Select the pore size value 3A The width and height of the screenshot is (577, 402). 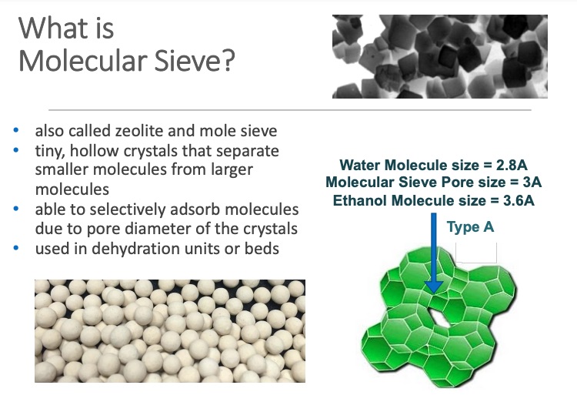[531, 183]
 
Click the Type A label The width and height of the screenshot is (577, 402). [470, 227]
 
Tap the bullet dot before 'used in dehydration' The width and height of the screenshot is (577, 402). [25, 249]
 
